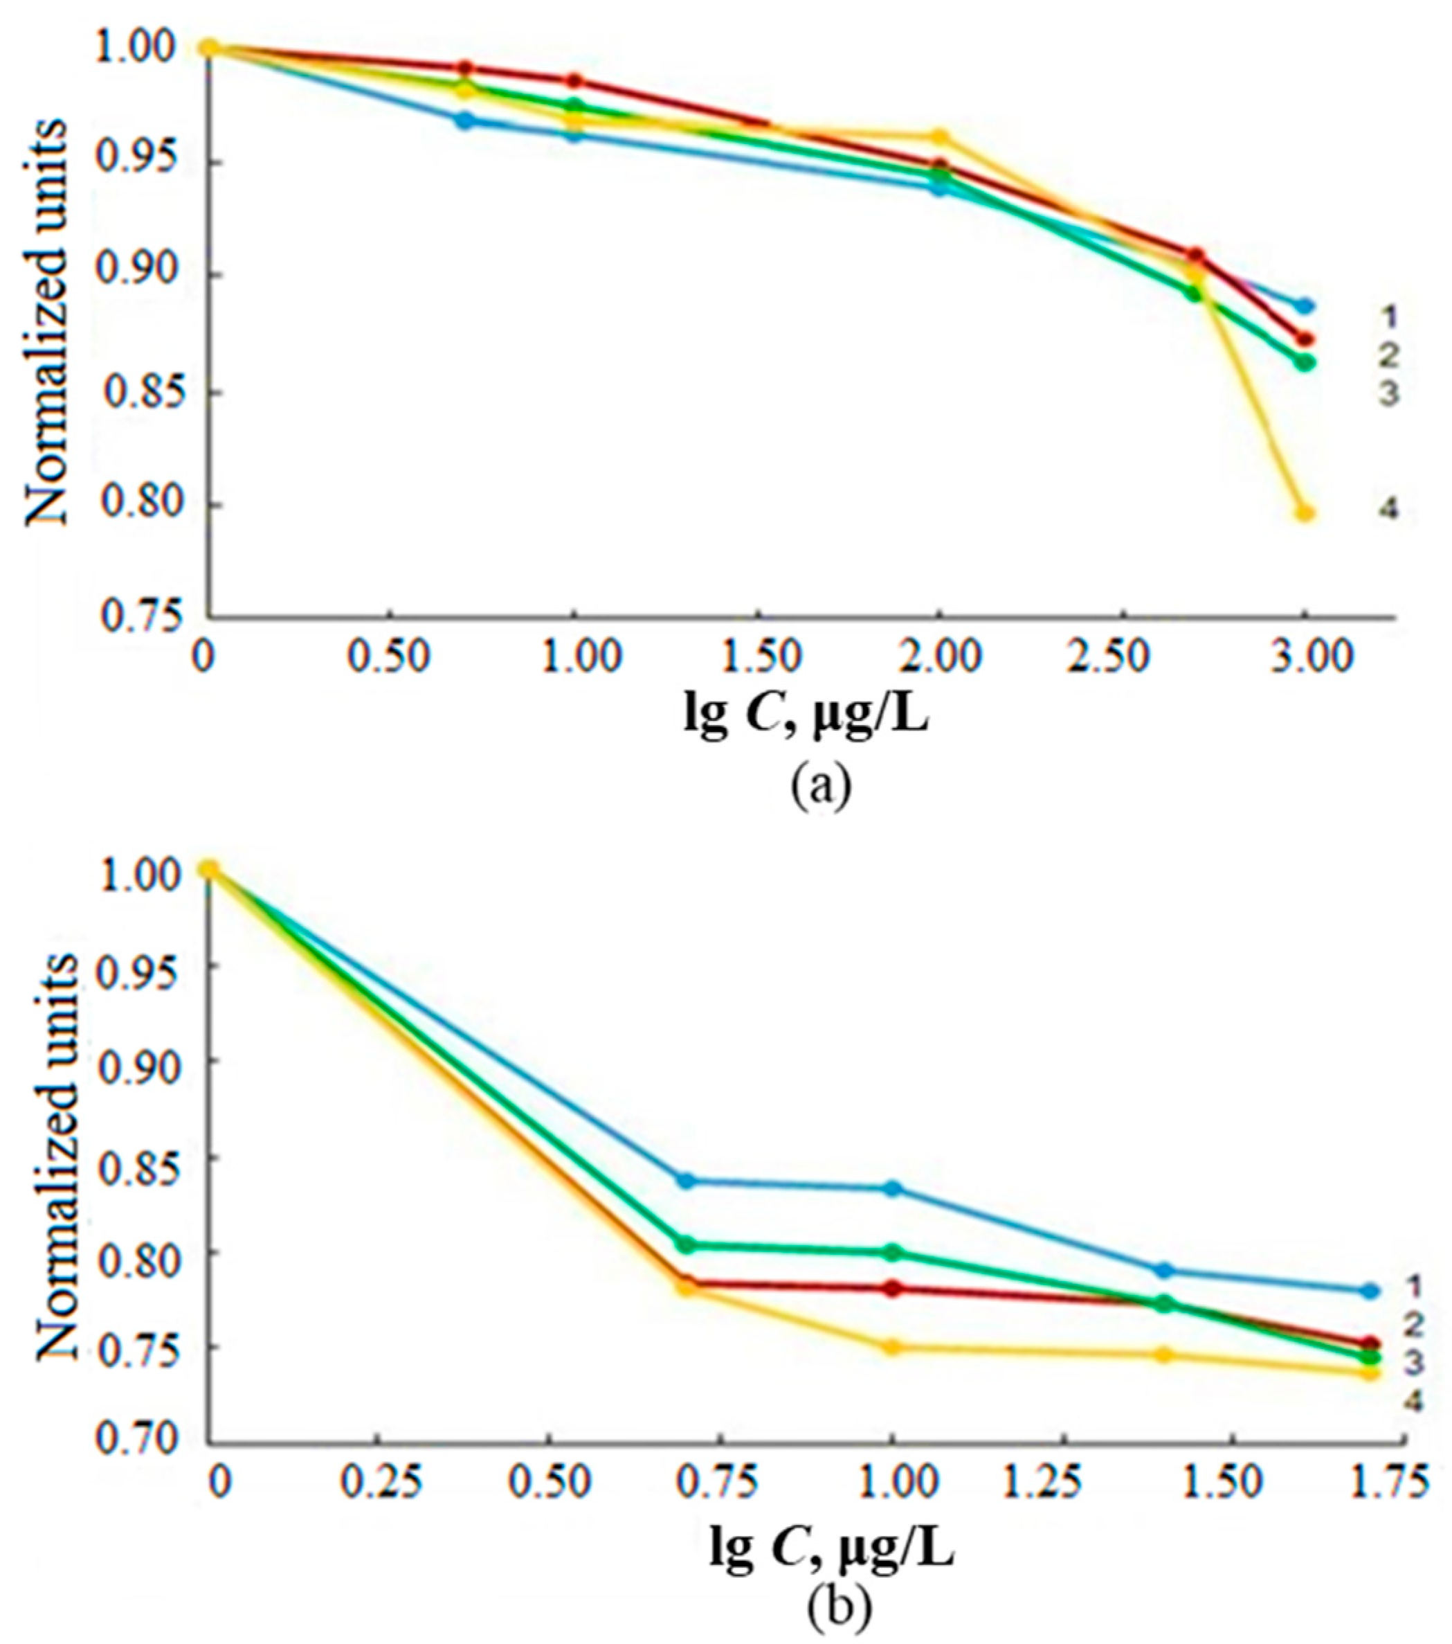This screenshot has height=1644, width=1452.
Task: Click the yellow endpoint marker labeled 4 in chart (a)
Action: pos(1305,513)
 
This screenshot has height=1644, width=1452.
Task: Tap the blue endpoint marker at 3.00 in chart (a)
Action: pos(1305,307)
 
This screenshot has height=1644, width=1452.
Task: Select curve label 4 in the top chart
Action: pos(1388,510)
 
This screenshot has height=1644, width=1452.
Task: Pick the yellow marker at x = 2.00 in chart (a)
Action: pos(938,136)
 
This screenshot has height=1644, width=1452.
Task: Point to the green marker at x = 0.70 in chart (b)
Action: pos(686,1245)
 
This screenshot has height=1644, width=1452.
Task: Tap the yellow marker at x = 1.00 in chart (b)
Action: pos(891,1347)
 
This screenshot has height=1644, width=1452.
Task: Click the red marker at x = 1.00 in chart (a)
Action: pos(574,81)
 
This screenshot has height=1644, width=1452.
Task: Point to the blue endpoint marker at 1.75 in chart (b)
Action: pos(1371,1291)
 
